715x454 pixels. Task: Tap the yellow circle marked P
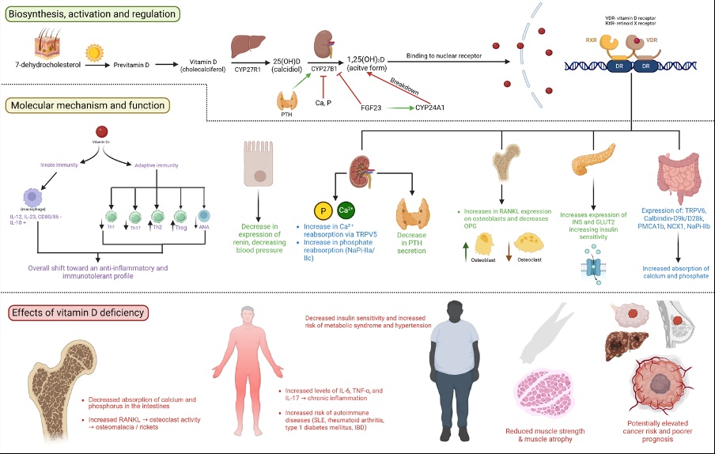(323, 211)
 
